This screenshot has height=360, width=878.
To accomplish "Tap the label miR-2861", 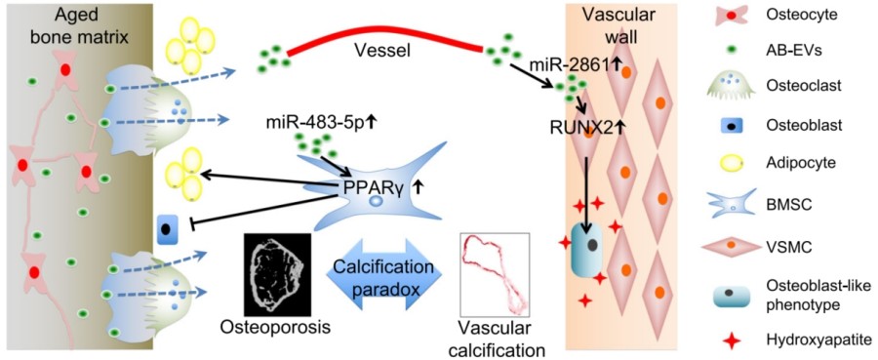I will coord(570,64).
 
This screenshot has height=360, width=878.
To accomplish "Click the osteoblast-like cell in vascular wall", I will coord(584,259).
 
